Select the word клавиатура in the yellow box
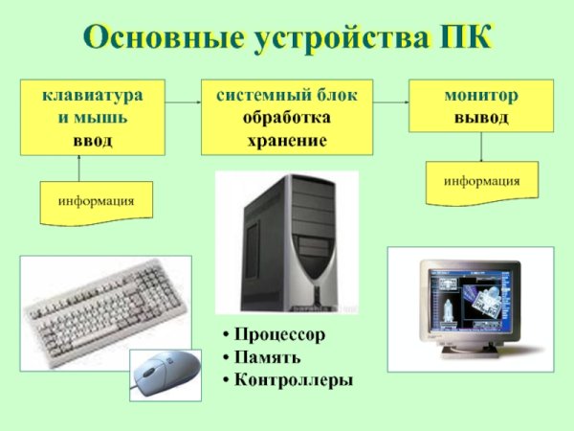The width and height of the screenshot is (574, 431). point(93,97)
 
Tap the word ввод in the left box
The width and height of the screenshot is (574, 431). point(93,140)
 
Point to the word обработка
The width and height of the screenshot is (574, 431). point(286,118)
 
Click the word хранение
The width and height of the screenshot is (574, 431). point(286,140)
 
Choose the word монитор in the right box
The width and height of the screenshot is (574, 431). point(481,97)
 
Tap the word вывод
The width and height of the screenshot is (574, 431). point(481,118)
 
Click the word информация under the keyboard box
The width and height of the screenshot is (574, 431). point(96,202)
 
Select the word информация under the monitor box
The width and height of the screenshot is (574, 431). point(481,180)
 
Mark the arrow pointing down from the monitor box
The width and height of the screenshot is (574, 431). point(481,148)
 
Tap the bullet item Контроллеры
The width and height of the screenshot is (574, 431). point(294,380)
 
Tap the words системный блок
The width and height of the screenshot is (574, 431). point(286,97)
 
